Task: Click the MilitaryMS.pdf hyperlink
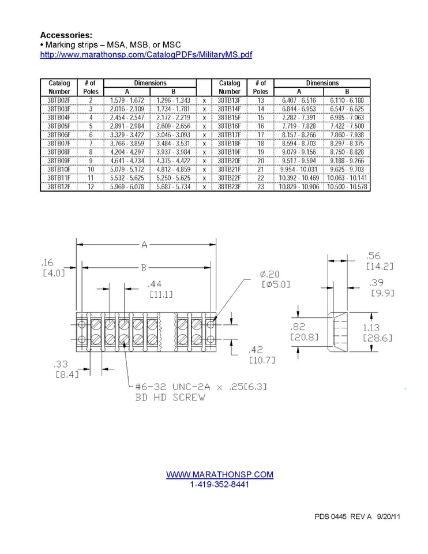tap(146, 55)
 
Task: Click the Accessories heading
tap(66, 35)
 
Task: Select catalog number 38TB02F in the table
tap(59, 100)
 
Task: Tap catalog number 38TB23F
tap(230, 187)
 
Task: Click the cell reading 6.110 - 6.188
tap(347, 100)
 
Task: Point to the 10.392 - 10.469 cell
tap(299, 178)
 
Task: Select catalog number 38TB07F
tap(59, 144)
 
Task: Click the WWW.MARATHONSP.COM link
tap(220, 474)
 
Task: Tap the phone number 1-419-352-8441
tap(220, 484)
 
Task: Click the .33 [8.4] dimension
tap(61, 369)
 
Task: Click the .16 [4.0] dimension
tap(54, 267)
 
